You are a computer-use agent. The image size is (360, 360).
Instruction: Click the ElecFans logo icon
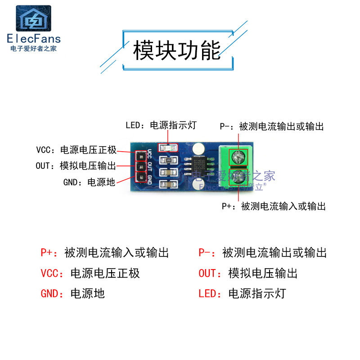click(x=34, y=18)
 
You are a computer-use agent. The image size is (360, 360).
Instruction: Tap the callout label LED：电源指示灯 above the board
click(x=161, y=125)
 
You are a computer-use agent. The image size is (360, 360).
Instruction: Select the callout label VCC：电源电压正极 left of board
click(x=76, y=150)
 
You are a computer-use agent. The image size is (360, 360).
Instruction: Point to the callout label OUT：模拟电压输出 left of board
click(x=76, y=166)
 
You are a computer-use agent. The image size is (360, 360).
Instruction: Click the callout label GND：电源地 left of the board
click(x=89, y=182)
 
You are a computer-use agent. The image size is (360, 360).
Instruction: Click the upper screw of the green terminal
click(x=238, y=157)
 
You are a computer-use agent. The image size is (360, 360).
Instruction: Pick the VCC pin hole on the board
click(x=141, y=156)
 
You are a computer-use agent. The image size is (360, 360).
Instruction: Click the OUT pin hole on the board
click(x=141, y=166)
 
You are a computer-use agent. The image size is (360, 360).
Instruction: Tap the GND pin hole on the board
click(x=141, y=178)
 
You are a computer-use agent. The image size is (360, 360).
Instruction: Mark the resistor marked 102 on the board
click(x=169, y=160)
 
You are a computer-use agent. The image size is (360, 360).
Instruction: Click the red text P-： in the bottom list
click(x=207, y=252)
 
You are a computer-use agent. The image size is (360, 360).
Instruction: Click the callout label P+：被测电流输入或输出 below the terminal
click(x=274, y=206)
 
